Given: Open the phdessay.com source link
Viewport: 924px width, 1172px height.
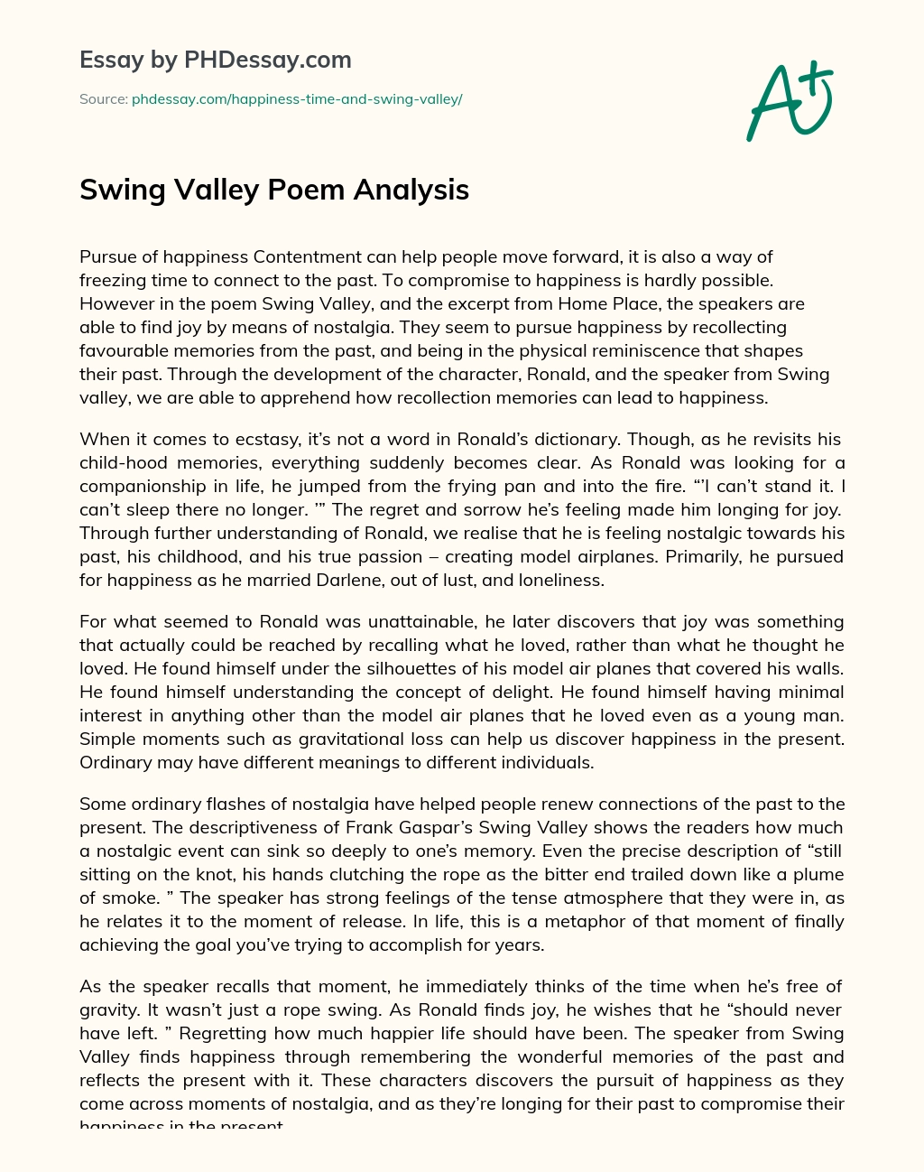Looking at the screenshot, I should coord(297,99).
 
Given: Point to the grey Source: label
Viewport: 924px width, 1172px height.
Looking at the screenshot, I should coord(103,99).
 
